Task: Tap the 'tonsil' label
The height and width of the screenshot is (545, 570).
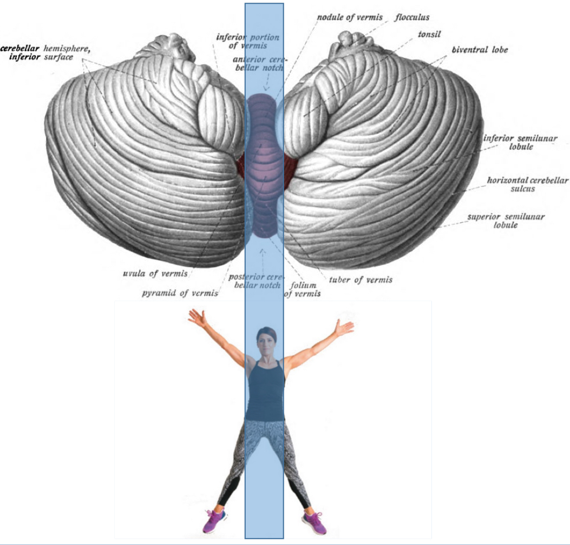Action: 429,34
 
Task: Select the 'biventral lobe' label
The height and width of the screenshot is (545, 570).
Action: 480,50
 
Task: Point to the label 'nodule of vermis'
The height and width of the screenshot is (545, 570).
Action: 350,17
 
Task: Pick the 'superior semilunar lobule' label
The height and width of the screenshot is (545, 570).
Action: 506,221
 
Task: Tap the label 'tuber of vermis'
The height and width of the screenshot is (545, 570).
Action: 361,280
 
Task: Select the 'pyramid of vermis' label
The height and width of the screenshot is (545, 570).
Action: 180,293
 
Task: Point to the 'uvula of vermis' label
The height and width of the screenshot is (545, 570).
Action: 155,274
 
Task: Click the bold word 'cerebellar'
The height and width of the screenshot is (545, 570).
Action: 20,48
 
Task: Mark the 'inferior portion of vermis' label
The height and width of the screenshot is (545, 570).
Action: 247,42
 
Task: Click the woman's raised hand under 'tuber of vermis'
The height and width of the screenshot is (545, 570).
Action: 343,327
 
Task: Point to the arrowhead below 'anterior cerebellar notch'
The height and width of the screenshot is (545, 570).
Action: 266,87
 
